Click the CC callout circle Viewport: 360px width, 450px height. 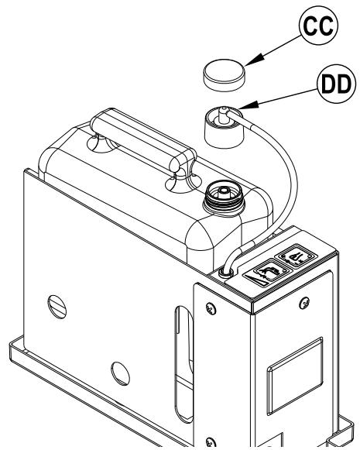click(x=318, y=26)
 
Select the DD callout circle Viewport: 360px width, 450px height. click(x=336, y=84)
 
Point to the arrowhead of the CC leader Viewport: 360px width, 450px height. click(x=253, y=60)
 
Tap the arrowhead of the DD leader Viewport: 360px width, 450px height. click(x=249, y=105)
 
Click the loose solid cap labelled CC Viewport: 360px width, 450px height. click(x=225, y=75)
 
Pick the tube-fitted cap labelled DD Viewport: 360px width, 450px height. click(x=225, y=127)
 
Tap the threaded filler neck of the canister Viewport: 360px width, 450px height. click(x=224, y=198)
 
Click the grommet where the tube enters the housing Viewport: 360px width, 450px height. click(x=226, y=272)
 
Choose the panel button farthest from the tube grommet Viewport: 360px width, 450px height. click(x=297, y=255)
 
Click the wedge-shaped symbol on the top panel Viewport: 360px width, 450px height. click(x=256, y=280)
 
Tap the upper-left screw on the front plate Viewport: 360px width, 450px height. click(x=211, y=308)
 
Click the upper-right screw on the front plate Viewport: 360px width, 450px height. click(x=304, y=303)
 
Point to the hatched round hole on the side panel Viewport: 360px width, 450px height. click(x=57, y=307)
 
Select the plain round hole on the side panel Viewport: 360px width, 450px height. click(x=120, y=373)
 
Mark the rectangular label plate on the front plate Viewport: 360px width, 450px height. click(x=295, y=376)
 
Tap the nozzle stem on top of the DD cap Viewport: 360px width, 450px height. click(x=222, y=115)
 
